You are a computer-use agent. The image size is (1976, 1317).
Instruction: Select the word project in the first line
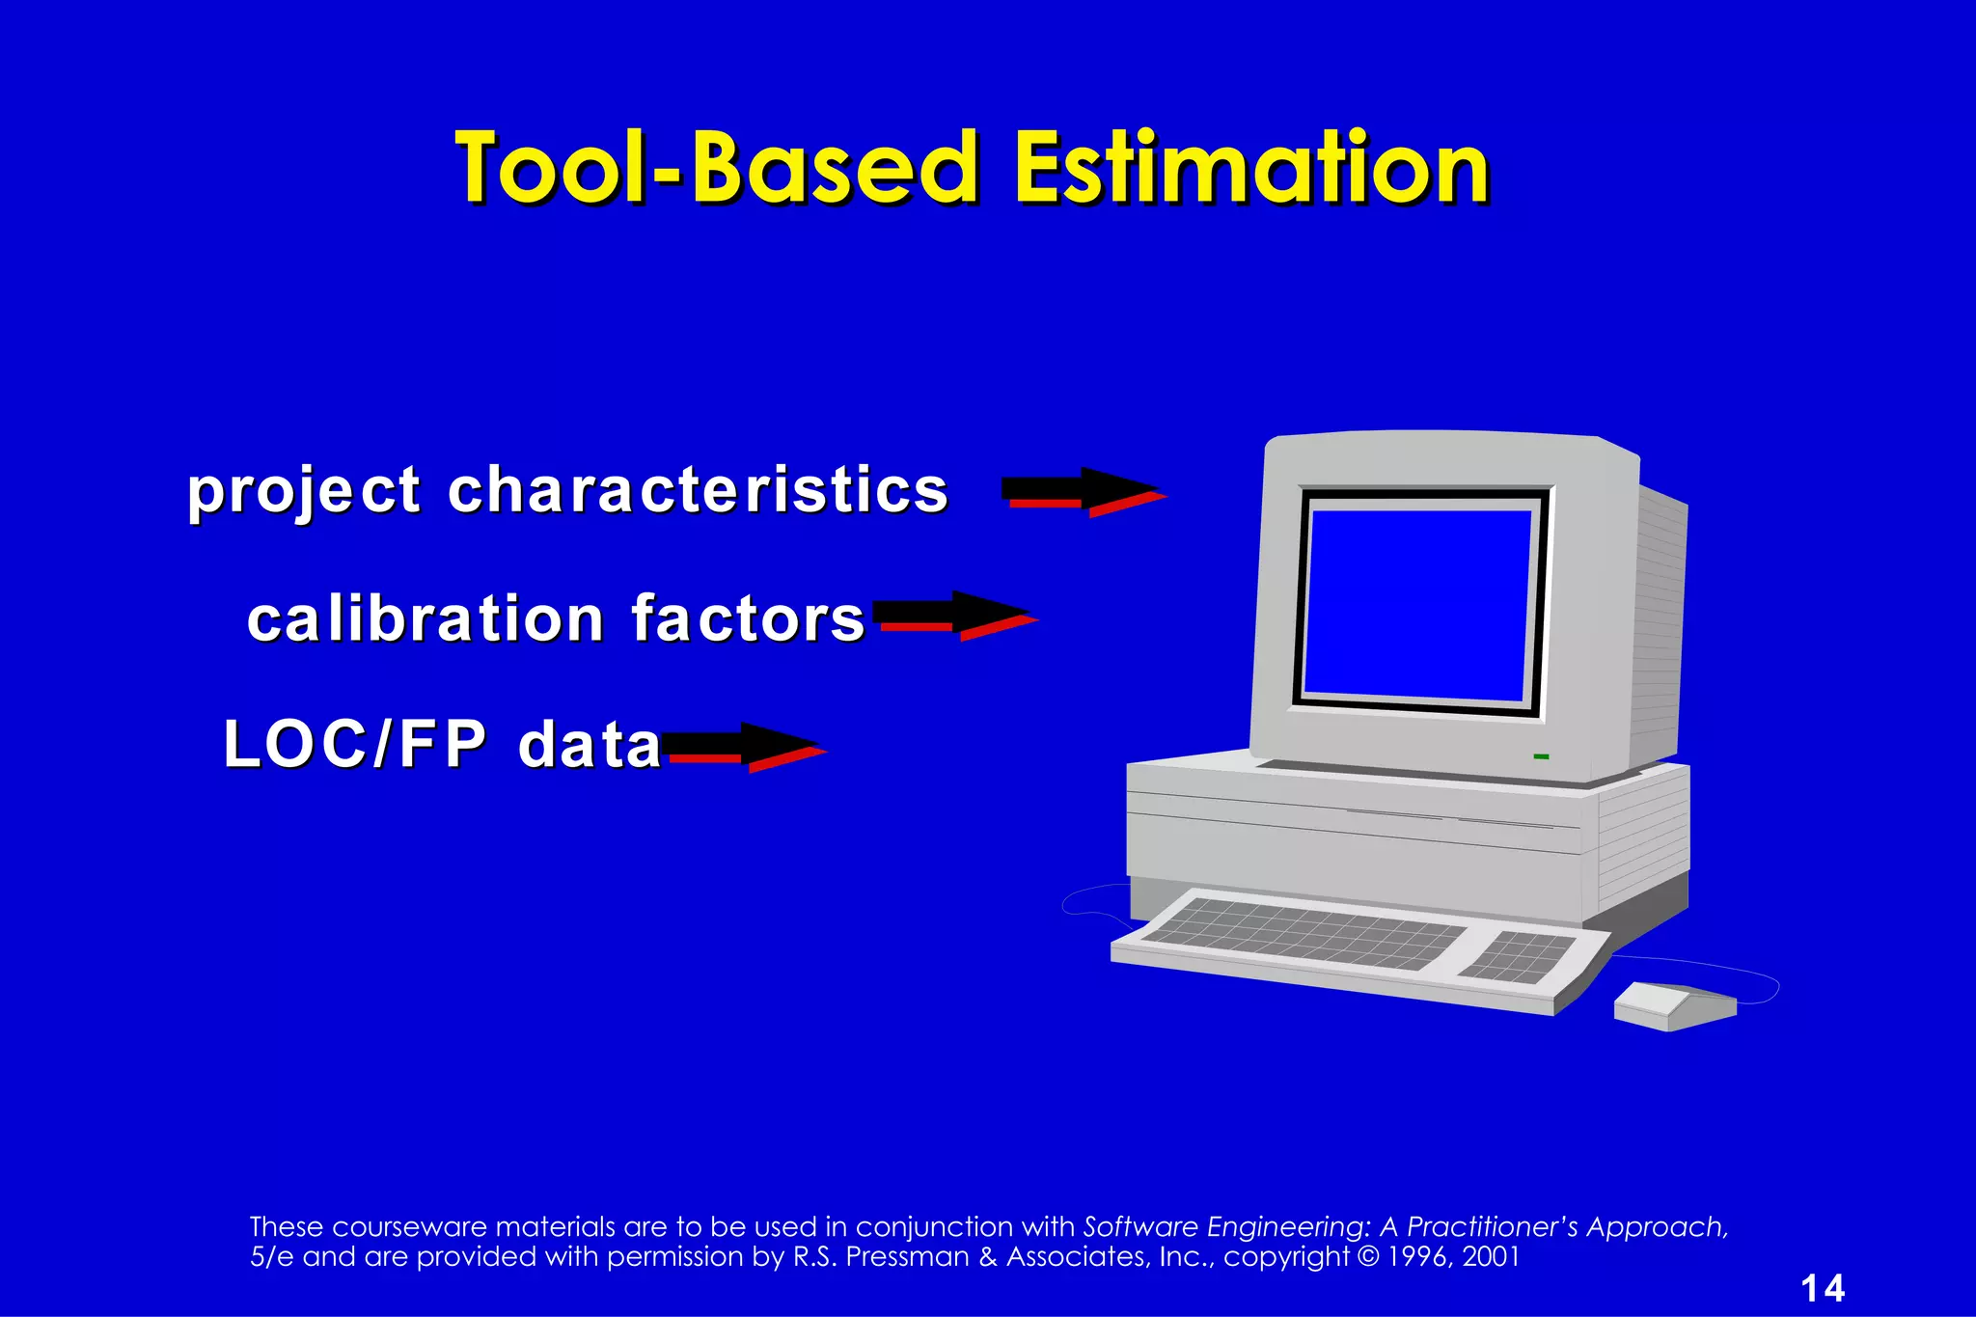(303, 491)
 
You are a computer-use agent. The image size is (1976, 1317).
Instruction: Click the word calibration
(425, 618)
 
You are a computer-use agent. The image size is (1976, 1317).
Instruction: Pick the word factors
(748, 618)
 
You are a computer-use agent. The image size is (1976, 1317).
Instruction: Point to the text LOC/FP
(354, 745)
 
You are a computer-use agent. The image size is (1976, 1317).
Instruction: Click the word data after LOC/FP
(589, 746)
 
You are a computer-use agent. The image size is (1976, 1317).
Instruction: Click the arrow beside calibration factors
(953, 616)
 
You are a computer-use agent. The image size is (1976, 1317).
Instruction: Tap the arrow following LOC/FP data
(743, 747)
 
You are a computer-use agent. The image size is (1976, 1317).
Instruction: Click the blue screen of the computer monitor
(1416, 602)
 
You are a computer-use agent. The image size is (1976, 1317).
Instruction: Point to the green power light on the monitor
(1541, 756)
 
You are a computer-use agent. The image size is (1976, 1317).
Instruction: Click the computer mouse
(1673, 1005)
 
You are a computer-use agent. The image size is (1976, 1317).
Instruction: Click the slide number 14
(1822, 1289)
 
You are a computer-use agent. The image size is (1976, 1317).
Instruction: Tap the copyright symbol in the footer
(1366, 1257)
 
